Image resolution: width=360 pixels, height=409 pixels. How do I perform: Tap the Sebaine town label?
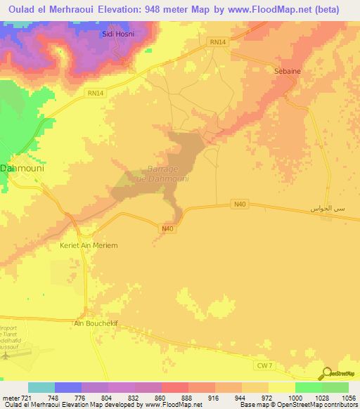[x=287, y=71]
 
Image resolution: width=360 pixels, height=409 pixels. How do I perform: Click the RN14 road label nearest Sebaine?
[x=218, y=42]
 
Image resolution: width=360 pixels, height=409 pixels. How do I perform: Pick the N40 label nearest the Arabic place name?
[x=240, y=204]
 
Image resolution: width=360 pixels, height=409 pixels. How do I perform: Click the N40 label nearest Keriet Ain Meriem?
[x=167, y=228]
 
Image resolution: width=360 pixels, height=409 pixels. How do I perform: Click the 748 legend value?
[x=53, y=398]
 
